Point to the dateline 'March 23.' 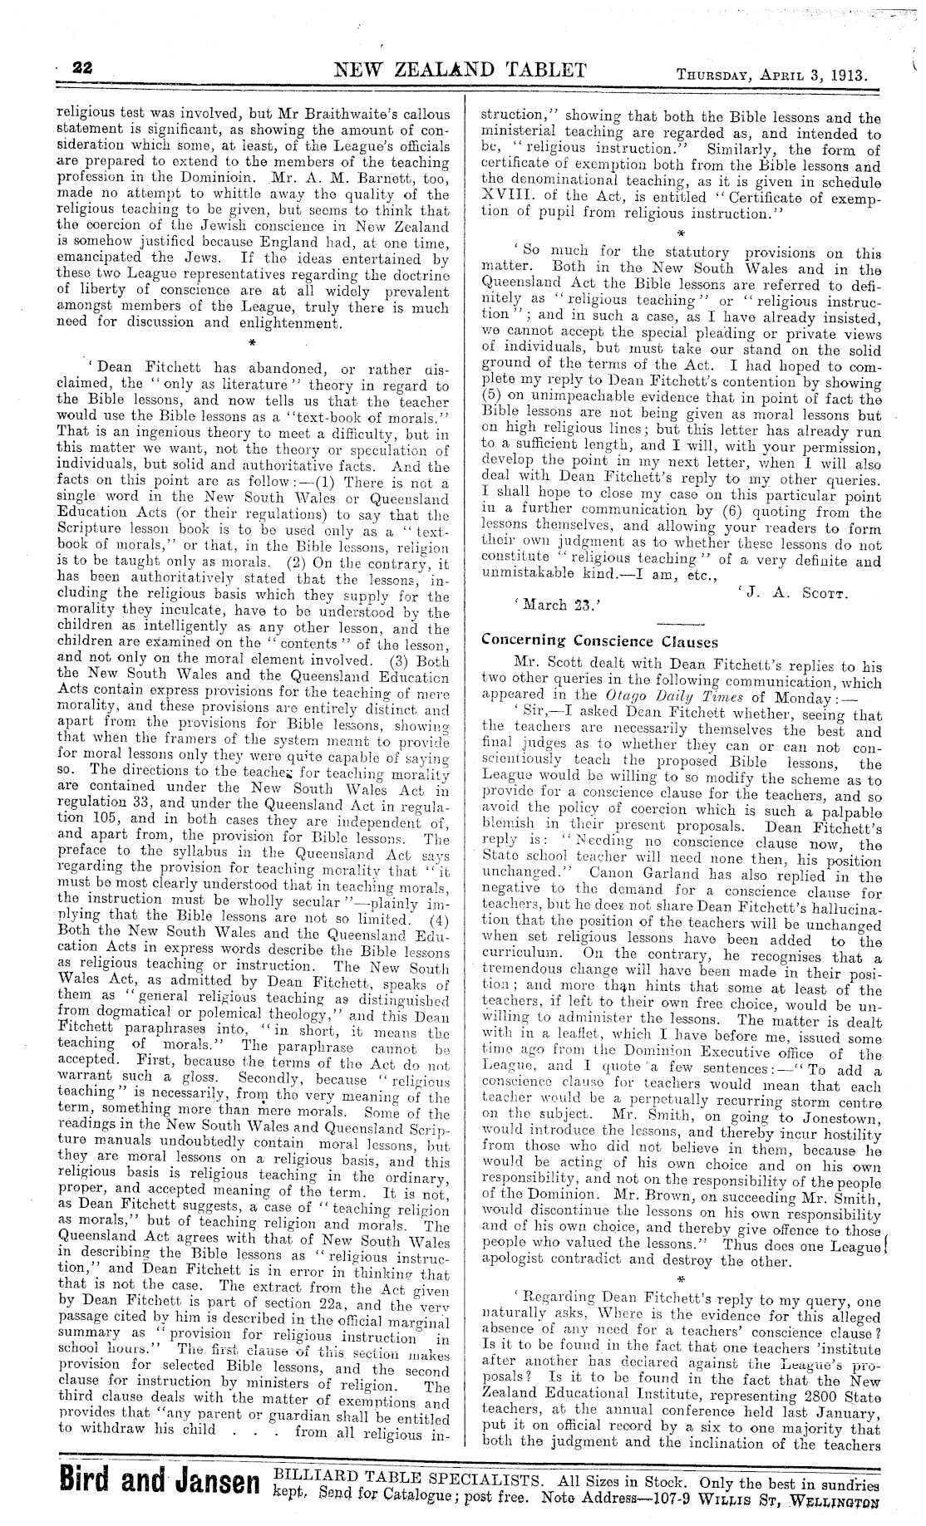pos(545,605)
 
